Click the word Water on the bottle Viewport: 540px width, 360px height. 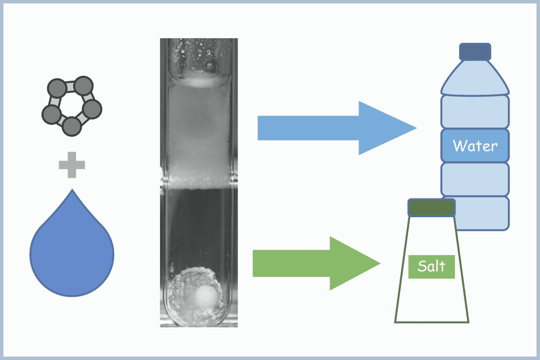[475, 145]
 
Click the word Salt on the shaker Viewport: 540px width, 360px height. [431, 266]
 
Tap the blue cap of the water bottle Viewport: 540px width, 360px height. [475, 51]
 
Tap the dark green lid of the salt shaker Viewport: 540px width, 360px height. [431, 208]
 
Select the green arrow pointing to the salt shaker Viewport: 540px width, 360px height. [312, 263]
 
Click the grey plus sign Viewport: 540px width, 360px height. [72, 165]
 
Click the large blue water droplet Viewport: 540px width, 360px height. [72, 255]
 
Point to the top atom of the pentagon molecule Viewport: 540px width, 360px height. [83, 85]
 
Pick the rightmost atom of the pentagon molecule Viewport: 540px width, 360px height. [92, 109]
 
